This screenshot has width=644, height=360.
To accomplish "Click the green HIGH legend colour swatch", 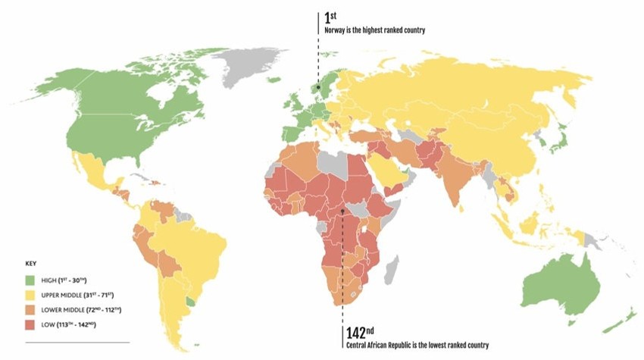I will coord(31,280).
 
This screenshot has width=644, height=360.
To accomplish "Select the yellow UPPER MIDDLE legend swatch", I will coord(31,295).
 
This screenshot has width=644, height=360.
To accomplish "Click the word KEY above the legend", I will coord(31,266).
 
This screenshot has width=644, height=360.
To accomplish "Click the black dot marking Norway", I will coord(318,87).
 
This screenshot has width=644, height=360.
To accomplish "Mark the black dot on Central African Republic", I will coord(342,211).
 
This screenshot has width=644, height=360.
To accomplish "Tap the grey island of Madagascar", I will coord(392,267).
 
